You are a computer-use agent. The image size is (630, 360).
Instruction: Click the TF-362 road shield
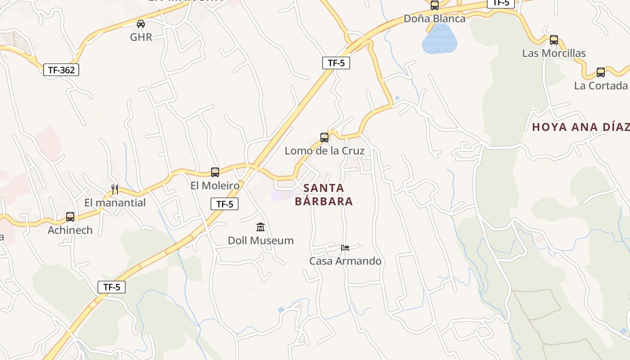point(61,70)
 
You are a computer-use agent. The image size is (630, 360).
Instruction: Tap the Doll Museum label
point(261,240)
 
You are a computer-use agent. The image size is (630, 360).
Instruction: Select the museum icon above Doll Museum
point(261,227)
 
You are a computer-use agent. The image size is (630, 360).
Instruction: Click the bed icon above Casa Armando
point(345,247)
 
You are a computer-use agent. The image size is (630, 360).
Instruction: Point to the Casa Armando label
point(345,261)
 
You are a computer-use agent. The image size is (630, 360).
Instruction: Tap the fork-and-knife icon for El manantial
point(115,189)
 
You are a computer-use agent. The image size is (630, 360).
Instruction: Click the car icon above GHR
point(141,24)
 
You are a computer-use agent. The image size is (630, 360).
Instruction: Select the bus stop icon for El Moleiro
point(215,172)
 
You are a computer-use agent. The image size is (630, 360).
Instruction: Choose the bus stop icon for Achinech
point(70,216)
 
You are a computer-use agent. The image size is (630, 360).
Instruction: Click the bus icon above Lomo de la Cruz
point(324,137)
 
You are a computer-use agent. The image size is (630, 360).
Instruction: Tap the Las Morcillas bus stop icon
point(554,40)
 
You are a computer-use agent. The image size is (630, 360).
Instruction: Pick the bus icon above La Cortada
point(601,72)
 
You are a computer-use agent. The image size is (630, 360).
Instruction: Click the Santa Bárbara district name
point(324,194)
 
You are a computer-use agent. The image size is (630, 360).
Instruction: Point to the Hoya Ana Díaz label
point(580,127)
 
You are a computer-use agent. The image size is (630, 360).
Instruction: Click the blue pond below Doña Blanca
point(439,40)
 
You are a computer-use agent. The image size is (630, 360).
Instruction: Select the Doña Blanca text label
point(434,19)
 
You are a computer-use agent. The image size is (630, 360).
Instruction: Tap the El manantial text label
point(115,202)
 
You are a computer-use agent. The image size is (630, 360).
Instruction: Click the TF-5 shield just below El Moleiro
point(225,204)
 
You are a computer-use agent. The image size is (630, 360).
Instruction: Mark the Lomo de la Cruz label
point(324,151)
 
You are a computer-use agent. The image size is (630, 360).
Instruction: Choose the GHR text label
point(141,37)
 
